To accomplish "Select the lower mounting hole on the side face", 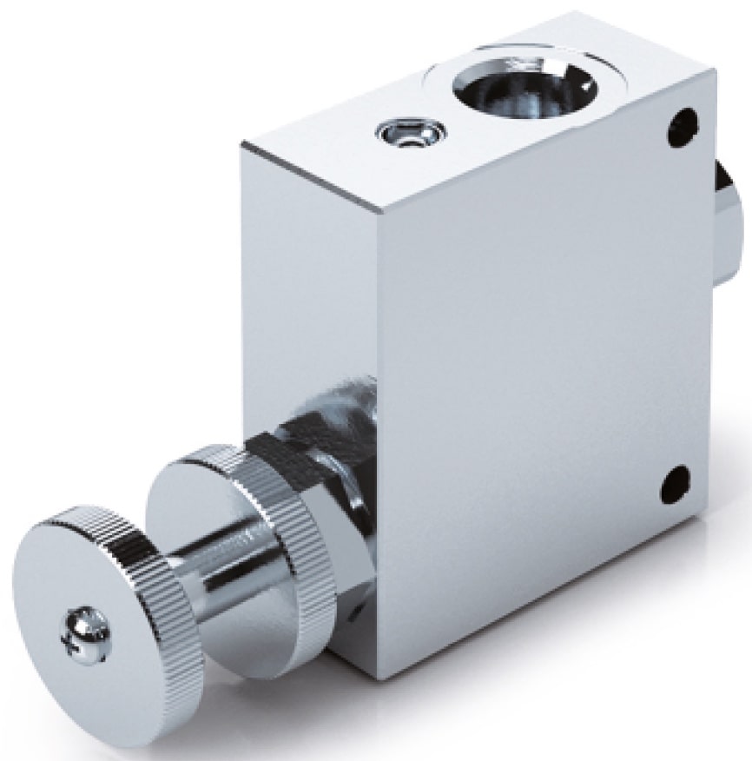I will pyautogui.click(x=675, y=483).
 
